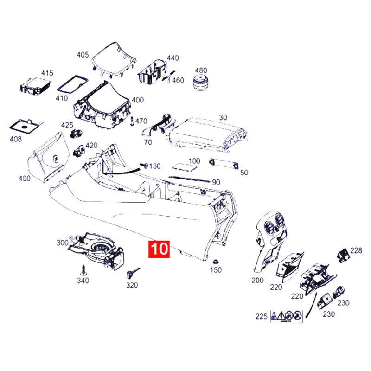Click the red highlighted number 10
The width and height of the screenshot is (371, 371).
coord(159,249)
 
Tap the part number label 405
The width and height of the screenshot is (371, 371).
coord(83,55)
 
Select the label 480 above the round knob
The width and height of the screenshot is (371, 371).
coord(201,70)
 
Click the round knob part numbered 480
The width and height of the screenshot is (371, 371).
coord(200,83)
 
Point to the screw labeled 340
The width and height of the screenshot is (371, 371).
coord(83,270)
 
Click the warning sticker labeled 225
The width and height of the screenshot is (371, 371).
coord(287,316)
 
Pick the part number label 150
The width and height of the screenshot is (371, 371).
coord(216,270)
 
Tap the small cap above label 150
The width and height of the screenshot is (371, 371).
coord(216,262)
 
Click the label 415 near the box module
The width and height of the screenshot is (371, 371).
coord(47,73)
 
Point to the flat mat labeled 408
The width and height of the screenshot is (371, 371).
coord(26,127)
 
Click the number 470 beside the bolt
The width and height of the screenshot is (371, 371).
coord(141,121)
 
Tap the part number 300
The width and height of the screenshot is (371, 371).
coord(63,243)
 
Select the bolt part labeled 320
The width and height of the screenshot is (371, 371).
coord(133,273)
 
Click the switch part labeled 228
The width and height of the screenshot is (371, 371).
coord(343,255)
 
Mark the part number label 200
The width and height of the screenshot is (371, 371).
coord(257,281)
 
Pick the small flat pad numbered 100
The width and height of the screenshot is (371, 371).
coord(185,166)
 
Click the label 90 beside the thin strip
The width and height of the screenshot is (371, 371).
coord(216,182)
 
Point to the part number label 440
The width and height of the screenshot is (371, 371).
coord(173,58)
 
